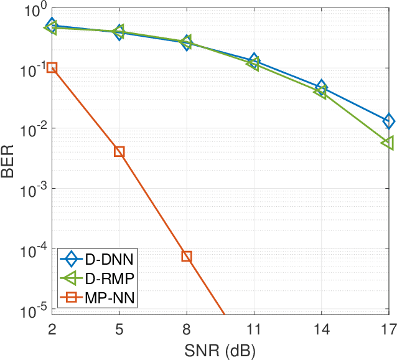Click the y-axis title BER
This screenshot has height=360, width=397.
click(8, 159)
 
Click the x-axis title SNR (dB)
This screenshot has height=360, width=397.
click(220, 350)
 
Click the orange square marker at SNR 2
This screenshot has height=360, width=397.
click(52, 67)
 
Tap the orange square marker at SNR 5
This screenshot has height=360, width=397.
click(119, 151)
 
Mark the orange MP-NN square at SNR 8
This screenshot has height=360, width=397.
click(187, 256)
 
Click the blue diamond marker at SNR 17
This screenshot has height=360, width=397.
click(388, 121)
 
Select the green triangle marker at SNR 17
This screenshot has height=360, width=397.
click(388, 143)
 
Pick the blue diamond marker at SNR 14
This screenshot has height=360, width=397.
click(321, 87)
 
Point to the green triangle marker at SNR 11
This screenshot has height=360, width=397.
click(253, 64)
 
